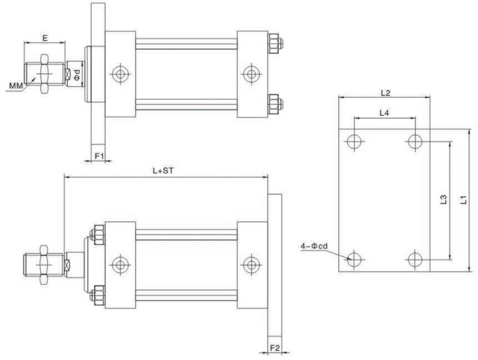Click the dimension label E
click(45, 38)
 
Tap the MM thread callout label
click(16, 86)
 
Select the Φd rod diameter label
click(77, 74)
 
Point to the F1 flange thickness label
click(99, 156)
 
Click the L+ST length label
click(163, 170)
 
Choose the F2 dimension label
click(275, 347)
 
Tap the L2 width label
click(386, 93)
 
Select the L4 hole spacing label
click(384, 113)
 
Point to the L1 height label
click(464, 200)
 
